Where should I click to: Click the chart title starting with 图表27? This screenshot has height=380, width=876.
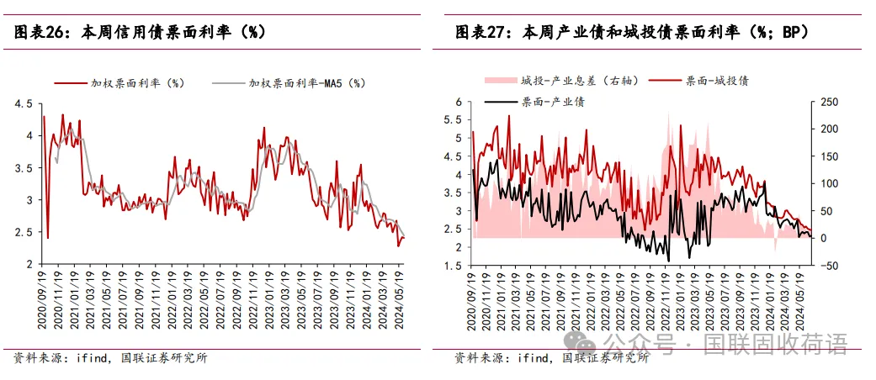631,33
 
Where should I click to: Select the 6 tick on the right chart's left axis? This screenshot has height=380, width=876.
459,102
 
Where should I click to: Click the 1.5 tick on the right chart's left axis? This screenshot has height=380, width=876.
455,266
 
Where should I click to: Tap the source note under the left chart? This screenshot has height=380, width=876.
110,357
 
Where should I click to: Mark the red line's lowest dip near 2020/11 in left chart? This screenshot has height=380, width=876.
48,238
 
